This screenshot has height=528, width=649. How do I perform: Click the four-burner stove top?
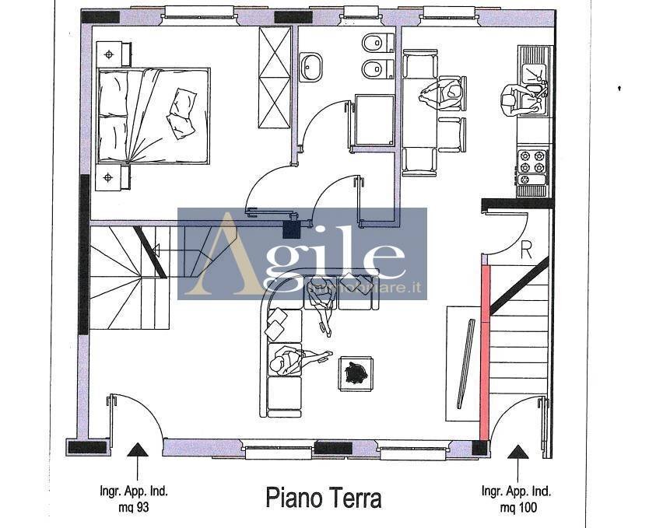click(x=532, y=161)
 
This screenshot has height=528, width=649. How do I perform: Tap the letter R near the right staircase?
click(x=526, y=250)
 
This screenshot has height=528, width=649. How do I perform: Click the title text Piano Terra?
click(x=324, y=497)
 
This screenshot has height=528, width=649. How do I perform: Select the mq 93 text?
click(x=134, y=508)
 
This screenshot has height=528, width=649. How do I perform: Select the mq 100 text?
click(x=517, y=508)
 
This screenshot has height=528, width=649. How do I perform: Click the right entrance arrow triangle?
click(x=517, y=451)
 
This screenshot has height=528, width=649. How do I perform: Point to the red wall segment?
click(x=485, y=350)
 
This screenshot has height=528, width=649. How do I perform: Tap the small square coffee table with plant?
click(x=356, y=373)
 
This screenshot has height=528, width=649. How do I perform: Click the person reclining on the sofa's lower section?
click(x=292, y=360)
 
